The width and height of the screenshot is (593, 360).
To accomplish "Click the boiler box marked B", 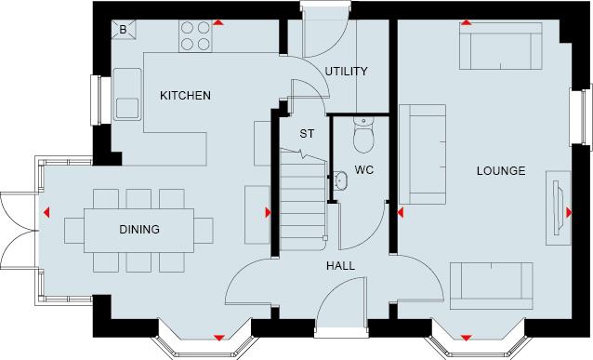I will (125, 30).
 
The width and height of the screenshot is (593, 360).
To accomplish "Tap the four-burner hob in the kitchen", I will (193, 35).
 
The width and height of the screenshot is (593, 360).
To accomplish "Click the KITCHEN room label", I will (185, 96).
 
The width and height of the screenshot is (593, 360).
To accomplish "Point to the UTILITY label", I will (346, 71).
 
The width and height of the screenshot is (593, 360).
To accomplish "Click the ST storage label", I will (307, 134).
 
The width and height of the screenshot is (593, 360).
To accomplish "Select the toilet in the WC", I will (363, 134).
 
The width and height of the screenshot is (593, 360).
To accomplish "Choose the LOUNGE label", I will (501, 171).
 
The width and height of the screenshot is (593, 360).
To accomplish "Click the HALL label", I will (339, 266).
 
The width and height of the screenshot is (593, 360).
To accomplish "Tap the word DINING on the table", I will (138, 230).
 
